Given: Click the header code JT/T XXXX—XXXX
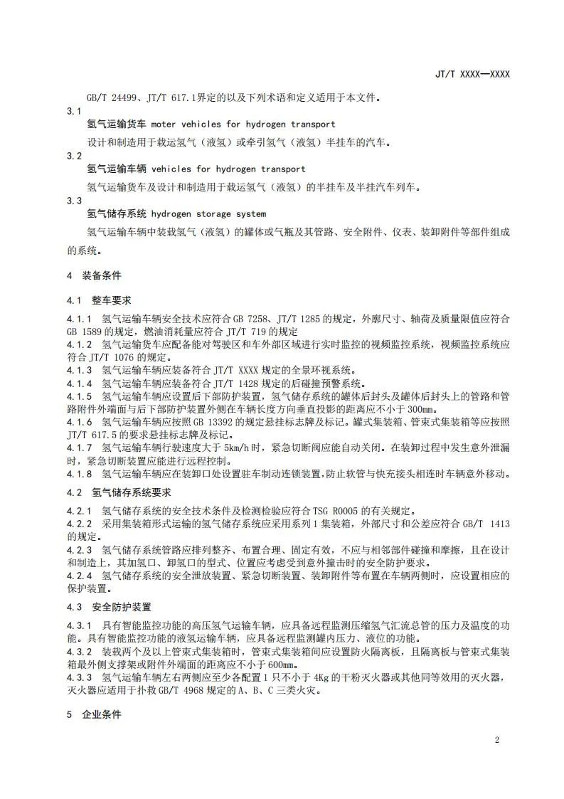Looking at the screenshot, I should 472,74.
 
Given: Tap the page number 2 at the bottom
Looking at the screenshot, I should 496,740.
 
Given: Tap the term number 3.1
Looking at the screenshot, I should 74,111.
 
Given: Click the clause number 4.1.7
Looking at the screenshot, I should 80,448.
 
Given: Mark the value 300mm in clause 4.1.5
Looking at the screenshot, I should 419,410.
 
